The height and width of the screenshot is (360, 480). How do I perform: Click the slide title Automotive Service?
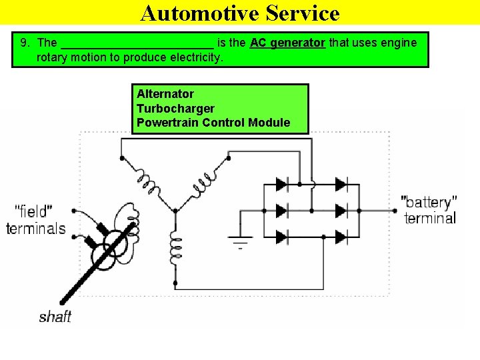[x=240, y=13]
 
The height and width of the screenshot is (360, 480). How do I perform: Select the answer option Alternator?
[x=165, y=94]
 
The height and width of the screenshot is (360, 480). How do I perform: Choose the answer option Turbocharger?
[x=175, y=108]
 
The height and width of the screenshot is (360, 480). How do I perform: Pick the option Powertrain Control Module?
[x=213, y=123]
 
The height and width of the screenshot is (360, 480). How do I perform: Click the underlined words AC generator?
[x=287, y=43]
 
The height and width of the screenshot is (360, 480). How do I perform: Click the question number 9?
[x=25, y=43]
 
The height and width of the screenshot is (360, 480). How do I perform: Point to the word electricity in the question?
[x=193, y=57]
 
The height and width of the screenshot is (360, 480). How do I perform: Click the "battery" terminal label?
[x=430, y=210]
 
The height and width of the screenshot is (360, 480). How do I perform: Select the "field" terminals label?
[x=35, y=220]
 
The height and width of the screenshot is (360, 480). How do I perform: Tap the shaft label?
[x=55, y=316]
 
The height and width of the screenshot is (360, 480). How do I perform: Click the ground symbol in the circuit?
[x=241, y=241]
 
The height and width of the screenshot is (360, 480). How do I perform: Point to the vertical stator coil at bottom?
[x=175, y=248]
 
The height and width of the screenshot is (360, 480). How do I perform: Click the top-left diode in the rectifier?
[x=281, y=184]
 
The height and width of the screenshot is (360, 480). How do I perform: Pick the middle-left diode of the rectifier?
[x=281, y=211]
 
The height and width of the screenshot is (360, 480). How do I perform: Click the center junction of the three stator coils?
[x=175, y=210]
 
